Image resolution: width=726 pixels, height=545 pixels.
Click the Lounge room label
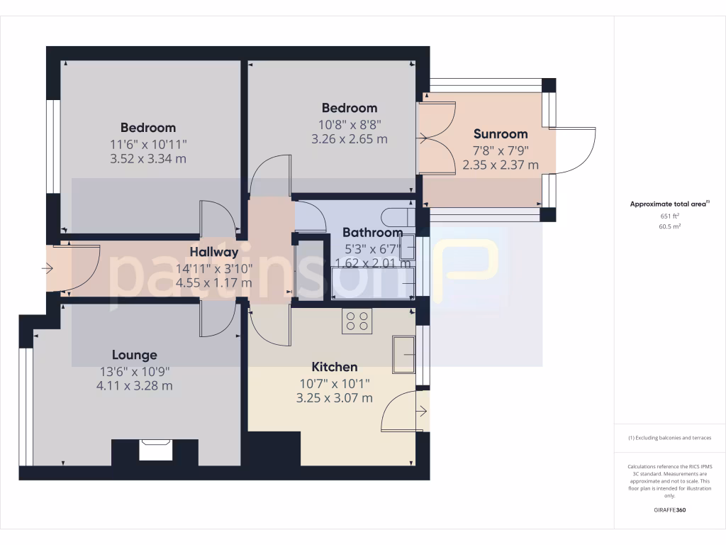click(x=135, y=355)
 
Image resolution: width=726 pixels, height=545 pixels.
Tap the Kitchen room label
click(x=335, y=367)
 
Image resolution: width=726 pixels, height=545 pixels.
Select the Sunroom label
click(x=501, y=133)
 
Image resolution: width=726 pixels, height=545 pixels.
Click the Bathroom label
click(x=372, y=232)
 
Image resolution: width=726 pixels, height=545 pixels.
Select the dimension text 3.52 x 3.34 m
click(x=148, y=158)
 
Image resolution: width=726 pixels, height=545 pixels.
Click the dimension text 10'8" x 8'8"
click(x=350, y=123)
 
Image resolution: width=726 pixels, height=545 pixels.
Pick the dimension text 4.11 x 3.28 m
click(x=135, y=386)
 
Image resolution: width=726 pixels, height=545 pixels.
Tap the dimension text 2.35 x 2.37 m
click(x=501, y=165)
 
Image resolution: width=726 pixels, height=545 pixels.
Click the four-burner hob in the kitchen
click(x=357, y=321)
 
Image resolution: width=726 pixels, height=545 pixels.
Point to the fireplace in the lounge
click(x=154, y=450)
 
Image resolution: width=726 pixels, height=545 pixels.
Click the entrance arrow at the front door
click(x=48, y=269)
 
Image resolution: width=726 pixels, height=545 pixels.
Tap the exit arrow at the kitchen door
click(x=423, y=410)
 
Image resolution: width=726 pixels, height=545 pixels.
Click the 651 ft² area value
click(x=669, y=216)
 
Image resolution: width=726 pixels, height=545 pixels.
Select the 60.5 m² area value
click(x=669, y=227)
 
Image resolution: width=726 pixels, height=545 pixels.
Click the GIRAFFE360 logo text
click(x=669, y=510)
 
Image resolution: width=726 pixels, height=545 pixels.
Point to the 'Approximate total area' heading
click(x=669, y=204)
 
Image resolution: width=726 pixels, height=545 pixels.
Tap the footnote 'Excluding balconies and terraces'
click(x=669, y=438)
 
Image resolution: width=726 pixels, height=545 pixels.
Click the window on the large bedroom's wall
click(x=52, y=145)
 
